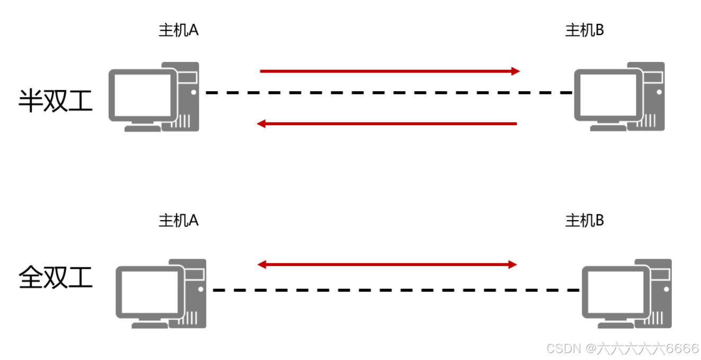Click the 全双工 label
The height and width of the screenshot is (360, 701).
tap(56, 276)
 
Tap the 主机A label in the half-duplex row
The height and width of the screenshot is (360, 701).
tap(179, 30)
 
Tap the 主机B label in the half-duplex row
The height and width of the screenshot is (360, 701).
tap(585, 30)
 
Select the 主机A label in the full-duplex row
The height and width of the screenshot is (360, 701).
tap(179, 220)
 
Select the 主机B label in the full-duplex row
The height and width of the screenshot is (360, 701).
tap(585, 220)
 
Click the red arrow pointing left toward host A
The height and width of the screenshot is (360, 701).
tap(387, 124)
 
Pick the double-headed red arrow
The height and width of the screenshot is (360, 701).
tap(387, 265)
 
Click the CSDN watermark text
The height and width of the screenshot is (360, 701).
tap(623, 348)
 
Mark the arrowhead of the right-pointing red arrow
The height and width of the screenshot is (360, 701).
tap(516, 71)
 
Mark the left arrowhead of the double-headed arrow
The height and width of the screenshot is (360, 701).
tap(261, 265)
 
